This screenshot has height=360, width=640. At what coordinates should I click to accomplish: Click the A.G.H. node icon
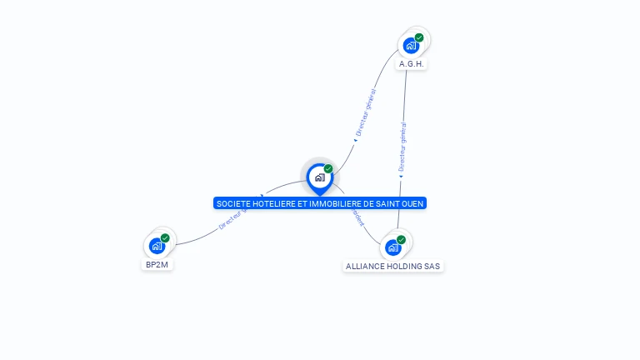coord(411,46)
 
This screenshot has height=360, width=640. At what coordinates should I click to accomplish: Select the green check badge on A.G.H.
coord(419,37)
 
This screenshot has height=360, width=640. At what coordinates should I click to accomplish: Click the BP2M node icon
coord(157,246)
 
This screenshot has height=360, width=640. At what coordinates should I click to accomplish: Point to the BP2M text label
coord(157,265)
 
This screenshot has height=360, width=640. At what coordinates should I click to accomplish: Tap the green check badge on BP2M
coord(165,238)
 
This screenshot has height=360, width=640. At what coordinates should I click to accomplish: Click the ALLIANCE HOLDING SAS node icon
coord(393,247)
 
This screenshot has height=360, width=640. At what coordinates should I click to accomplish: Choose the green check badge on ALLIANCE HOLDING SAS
coord(401,240)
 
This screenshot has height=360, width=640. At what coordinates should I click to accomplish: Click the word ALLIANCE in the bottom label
coord(364,267)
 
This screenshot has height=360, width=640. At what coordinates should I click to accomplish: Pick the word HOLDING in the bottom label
coord(406,267)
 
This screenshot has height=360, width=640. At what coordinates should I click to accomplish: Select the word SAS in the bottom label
coord(432,267)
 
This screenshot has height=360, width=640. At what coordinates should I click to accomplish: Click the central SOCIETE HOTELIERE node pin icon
coord(319,177)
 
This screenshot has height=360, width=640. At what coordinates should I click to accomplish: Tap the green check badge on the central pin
coord(328,169)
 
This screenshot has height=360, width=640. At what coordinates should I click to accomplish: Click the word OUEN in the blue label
coord(415,203)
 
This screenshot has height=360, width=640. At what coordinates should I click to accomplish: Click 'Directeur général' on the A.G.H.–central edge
coord(366,113)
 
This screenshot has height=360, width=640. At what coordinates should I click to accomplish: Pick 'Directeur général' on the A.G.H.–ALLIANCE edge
coord(402,147)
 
